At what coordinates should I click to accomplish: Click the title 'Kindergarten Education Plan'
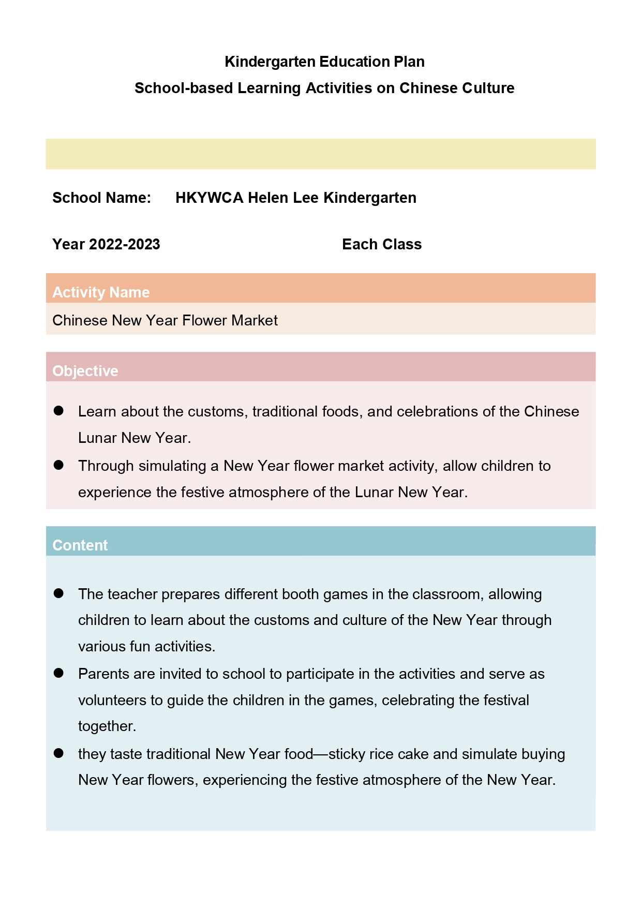click(324, 62)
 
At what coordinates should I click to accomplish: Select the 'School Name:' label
click(101, 198)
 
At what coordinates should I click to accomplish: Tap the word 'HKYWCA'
click(209, 198)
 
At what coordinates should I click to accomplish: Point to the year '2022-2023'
click(124, 244)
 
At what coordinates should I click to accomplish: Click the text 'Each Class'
click(382, 244)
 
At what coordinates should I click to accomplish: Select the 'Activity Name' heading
click(101, 292)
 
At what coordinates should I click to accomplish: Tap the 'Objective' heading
click(85, 371)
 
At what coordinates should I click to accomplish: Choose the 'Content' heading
click(80, 545)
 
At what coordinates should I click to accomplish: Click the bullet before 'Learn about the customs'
click(58, 411)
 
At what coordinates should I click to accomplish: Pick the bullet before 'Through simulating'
click(58, 465)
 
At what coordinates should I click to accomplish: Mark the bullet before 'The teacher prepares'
click(58, 593)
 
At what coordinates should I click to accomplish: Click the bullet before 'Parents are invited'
click(58, 673)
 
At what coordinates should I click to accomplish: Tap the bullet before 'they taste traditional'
click(58, 753)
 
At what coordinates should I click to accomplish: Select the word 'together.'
click(107, 726)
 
